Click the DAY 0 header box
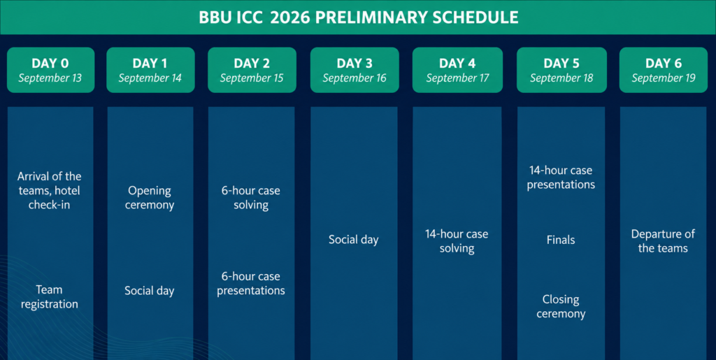click(x=50, y=70)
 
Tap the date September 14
click(x=150, y=78)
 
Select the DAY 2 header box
click(x=252, y=70)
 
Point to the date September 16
click(x=355, y=78)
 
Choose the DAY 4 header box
click(x=457, y=70)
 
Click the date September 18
click(x=561, y=78)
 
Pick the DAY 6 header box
click(x=664, y=70)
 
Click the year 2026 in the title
click(x=290, y=17)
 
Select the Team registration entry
click(x=50, y=297)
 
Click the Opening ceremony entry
click(x=150, y=198)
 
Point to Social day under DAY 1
click(x=150, y=291)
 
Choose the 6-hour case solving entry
click(x=251, y=198)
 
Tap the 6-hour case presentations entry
click(x=251, y=283)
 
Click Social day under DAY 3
click(x=354, y=240)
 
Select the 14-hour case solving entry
click(x=457, y=241)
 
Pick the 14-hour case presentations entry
click(x=561, y=178)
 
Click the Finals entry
click(x=561, y=240)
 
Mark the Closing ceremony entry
click(x=561, y=307)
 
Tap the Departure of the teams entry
click(x=663, y=241)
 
